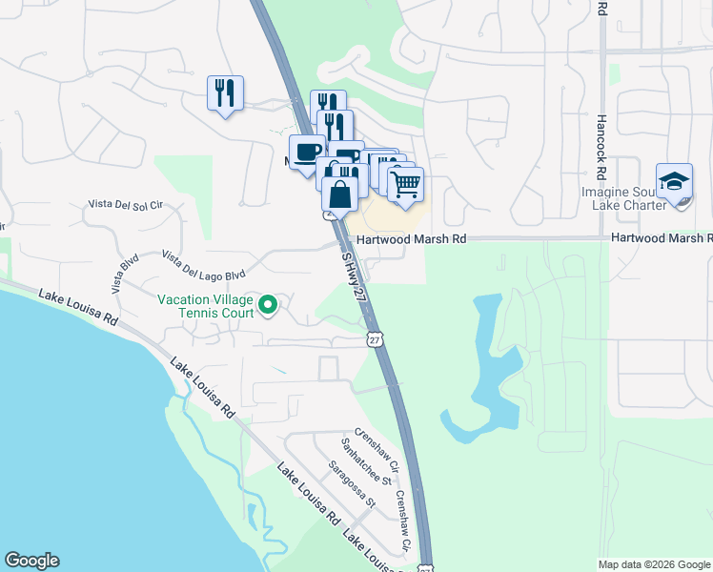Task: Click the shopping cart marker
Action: [x=406, y=183]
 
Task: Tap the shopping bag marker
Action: [x=340, y=194]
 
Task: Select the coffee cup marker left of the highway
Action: [x=306, y=153]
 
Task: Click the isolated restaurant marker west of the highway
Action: [x=225, y=92]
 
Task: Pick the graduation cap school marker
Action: [x=674, y=181]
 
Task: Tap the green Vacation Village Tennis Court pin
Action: [x=269, y=305]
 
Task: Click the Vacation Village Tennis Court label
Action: [x=206, y=305]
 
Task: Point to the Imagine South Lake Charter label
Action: [x=644, y=211]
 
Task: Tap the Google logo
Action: [x=31, y=561]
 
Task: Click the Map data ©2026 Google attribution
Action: [x=654, y=564]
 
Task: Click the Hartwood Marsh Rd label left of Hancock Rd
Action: [x=411, y=240]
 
